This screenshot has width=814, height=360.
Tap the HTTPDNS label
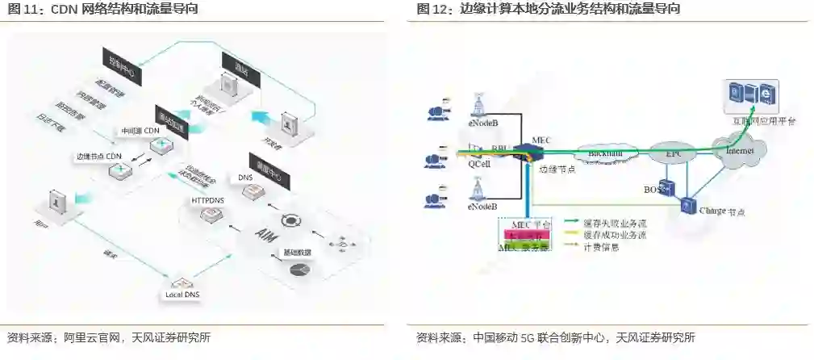[207, 199]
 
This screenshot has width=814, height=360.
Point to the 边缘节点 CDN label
[97, 156]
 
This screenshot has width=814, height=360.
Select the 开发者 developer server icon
[288, 125]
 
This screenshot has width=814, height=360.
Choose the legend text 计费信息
[601, 247]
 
